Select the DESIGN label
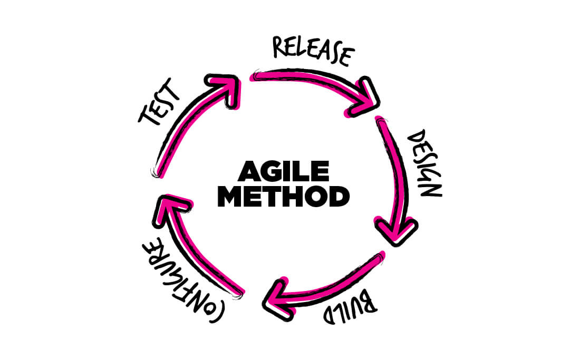[x=425, y=163]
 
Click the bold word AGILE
[x=284, y=171]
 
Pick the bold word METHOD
[x=283, y=196]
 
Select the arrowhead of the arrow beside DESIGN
[x=396, y=231]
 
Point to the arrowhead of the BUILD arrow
[x=277, y=299]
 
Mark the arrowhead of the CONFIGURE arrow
[x=171, y=209]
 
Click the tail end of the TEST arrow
[x=157, y=173]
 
